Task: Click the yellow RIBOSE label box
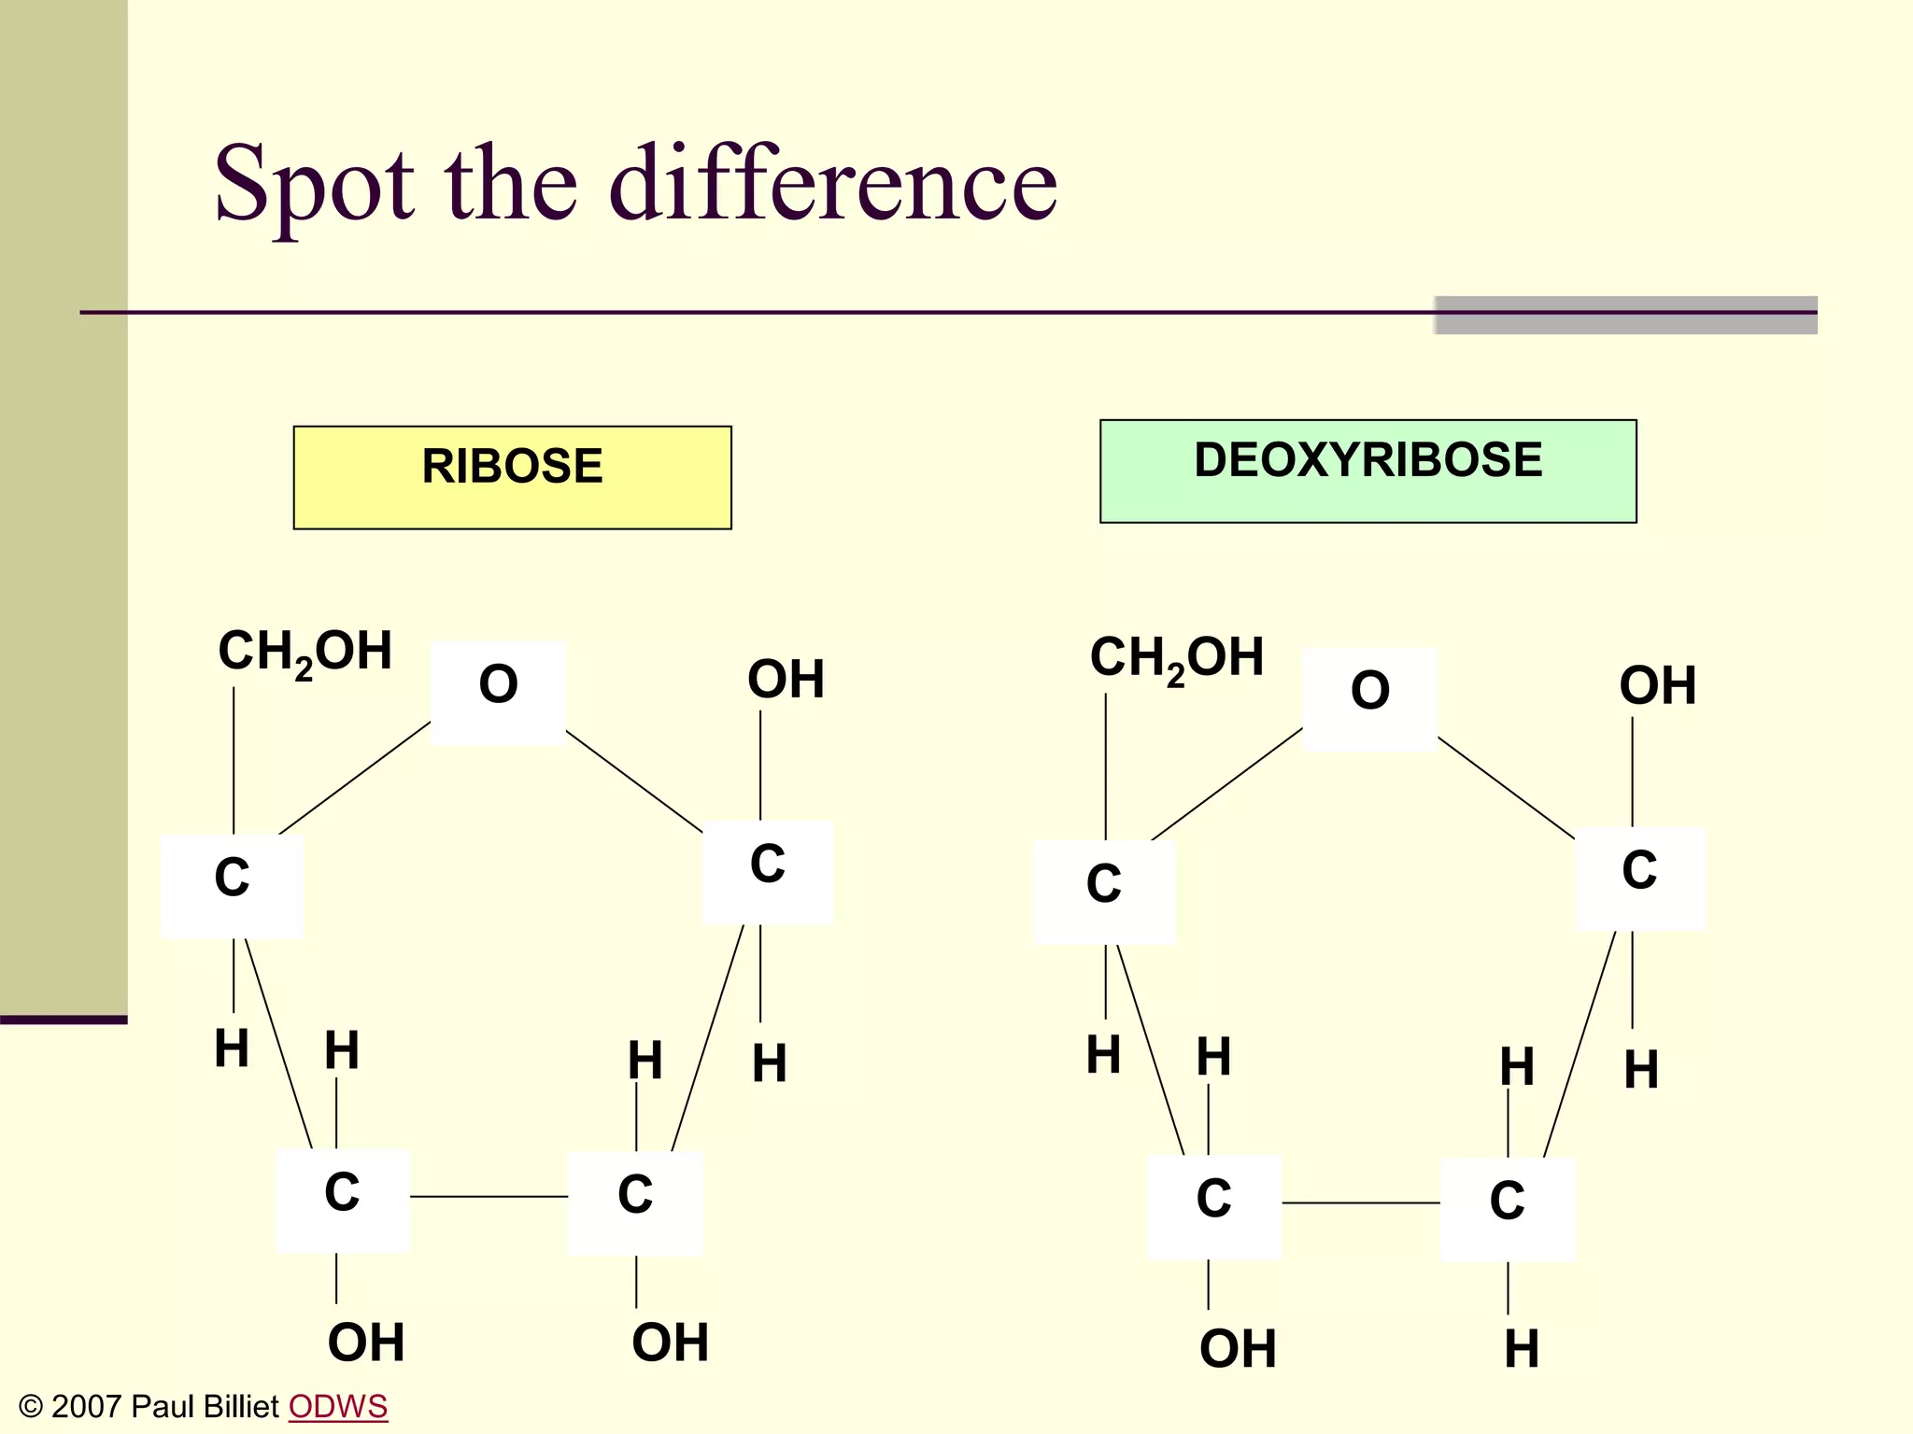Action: [x=512, y=477]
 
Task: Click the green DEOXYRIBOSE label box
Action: [x=1367, y=471]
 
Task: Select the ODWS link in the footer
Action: [x=337, y=1406]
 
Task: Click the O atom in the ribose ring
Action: [x=498, y=692]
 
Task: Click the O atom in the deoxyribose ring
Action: [x=1369, y=698]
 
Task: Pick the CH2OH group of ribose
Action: [x=305, y=652]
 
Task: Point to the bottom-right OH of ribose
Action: [x=670, y=1343]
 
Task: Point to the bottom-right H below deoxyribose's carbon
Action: [x=1522, y=1349]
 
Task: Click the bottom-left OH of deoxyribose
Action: [x=1238, y=1349]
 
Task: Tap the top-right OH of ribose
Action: [x=786, y=680]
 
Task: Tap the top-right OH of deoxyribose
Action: [x=1657, y=686]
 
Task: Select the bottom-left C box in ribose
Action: [x=342, y=1200]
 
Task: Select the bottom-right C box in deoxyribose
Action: [x=1507, y=1208]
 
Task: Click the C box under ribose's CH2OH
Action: [x=232, y=885]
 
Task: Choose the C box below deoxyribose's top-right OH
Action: [x=1639, y=878]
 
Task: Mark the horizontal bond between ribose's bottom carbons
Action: [x=489, y=1196]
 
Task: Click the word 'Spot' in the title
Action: [x=314, y=184]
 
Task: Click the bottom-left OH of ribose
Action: [x=366, y=1343]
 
